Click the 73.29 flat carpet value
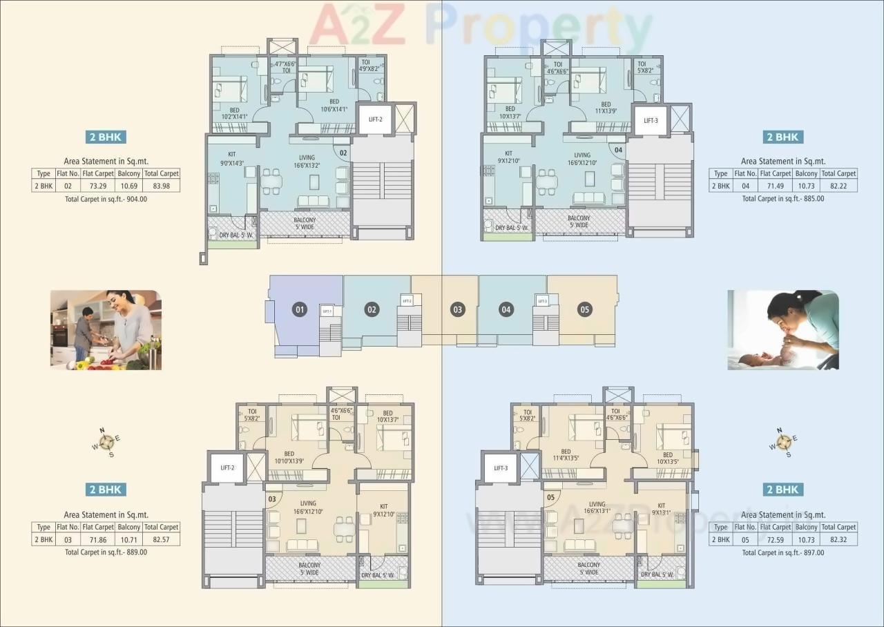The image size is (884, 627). (97, 186)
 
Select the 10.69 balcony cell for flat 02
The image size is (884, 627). (128, 186)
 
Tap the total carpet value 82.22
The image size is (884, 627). (838, 186)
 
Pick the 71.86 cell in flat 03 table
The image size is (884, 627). (97, 539)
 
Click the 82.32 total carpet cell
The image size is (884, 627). (838, 539)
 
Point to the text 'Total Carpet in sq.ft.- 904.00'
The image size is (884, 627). (106, 199)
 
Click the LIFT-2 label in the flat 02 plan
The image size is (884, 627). (375, 119)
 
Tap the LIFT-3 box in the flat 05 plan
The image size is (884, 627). (501, 468)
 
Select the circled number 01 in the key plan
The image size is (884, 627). (300, 309)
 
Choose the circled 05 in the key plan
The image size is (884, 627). (585, 309)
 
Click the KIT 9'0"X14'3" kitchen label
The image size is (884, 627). (231, 159)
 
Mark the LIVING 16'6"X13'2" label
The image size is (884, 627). (307, 162)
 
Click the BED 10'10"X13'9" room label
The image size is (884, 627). (289, 457)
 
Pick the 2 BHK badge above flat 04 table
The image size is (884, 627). (782, 137)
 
